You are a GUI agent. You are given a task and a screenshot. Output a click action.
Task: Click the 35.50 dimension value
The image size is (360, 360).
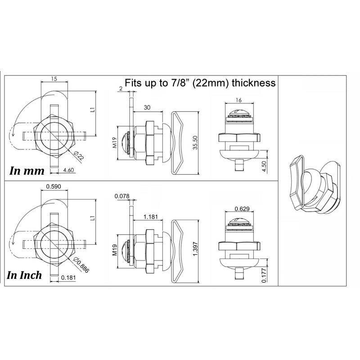pyautogui.click(x=195, y=143)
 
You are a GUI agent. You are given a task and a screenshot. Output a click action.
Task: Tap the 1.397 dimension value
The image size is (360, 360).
pyautogui.click(x=195, y=249)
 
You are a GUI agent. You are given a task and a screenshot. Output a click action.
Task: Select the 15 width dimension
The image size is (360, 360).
pyautogui.click(x=54, y=79)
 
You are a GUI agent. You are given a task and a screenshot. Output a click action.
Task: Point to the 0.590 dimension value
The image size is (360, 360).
pyautogui.click(x=54, y=186)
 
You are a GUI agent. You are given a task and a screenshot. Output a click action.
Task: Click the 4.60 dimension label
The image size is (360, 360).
pyautogui.click(x=69, y=170)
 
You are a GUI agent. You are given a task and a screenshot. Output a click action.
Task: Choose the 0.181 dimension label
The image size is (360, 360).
pyautogui.click(x=68, y=278)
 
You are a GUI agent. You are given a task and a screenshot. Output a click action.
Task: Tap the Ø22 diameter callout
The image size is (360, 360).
pyautogui.click(x=79, y=156)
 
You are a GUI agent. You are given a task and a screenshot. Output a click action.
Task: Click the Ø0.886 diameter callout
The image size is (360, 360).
pyautogui.click(x=81, y=265)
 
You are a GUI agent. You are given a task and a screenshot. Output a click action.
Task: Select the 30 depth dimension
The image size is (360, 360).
pyautogui.click(x=147, y=108)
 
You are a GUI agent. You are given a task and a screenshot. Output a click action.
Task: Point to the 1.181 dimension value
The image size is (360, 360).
pyautogui.click(x=151, y=217)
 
